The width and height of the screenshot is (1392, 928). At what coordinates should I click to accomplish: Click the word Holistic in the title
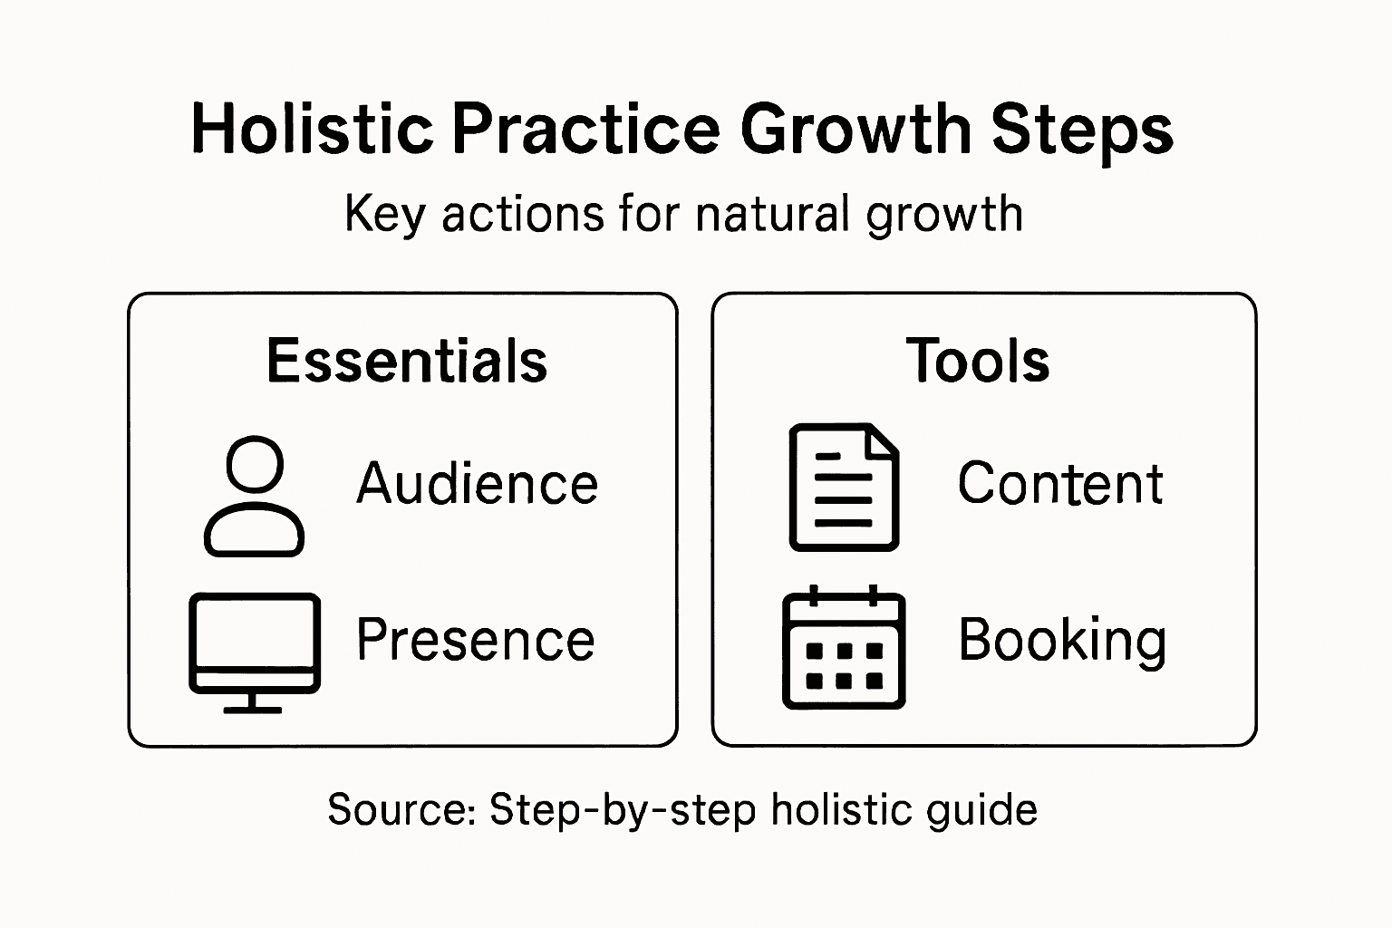[313, 129]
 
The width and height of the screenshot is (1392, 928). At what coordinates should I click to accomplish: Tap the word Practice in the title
[586, 129]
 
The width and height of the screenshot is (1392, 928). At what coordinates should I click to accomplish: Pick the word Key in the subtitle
[385, 215]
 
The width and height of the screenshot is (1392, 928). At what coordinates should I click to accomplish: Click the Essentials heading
[407, 361]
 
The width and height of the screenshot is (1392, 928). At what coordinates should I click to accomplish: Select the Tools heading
[978, 361]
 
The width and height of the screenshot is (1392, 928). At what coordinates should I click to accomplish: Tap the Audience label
[478, 483]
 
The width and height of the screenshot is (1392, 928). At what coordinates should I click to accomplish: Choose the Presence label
[476, 639]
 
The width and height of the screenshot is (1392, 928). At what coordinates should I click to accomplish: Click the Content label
[1061, 483]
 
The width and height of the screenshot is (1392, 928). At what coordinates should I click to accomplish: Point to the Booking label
[1062, 643]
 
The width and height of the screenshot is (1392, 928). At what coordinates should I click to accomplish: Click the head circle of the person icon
[255, 437]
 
